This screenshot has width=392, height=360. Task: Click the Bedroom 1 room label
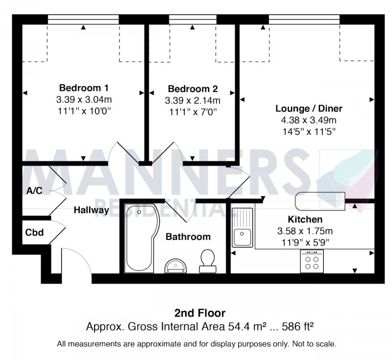coord(84,88)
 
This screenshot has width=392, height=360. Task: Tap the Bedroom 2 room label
coord(193,88)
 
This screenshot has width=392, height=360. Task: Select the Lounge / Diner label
coord(309,108)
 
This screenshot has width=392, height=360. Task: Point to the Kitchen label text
coord(305,220)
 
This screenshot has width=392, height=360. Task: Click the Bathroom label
coord(188,236)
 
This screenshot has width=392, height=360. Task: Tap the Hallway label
coord(91,210)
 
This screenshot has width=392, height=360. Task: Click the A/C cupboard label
coord(34,191)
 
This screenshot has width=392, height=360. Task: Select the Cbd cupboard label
coord(35,232)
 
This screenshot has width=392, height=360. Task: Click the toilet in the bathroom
coord(208,261)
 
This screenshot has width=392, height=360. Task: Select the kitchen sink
coord(242,227)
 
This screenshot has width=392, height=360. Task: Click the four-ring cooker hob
coord(312,261)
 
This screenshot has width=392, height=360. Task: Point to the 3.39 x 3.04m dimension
coord(84,100)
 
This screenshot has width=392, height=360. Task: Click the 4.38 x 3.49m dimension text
coord(309,120)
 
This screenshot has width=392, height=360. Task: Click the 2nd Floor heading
coord(200,313)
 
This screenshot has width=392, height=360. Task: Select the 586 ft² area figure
coord(298,326)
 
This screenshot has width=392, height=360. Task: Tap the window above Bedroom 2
coord(192,19)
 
